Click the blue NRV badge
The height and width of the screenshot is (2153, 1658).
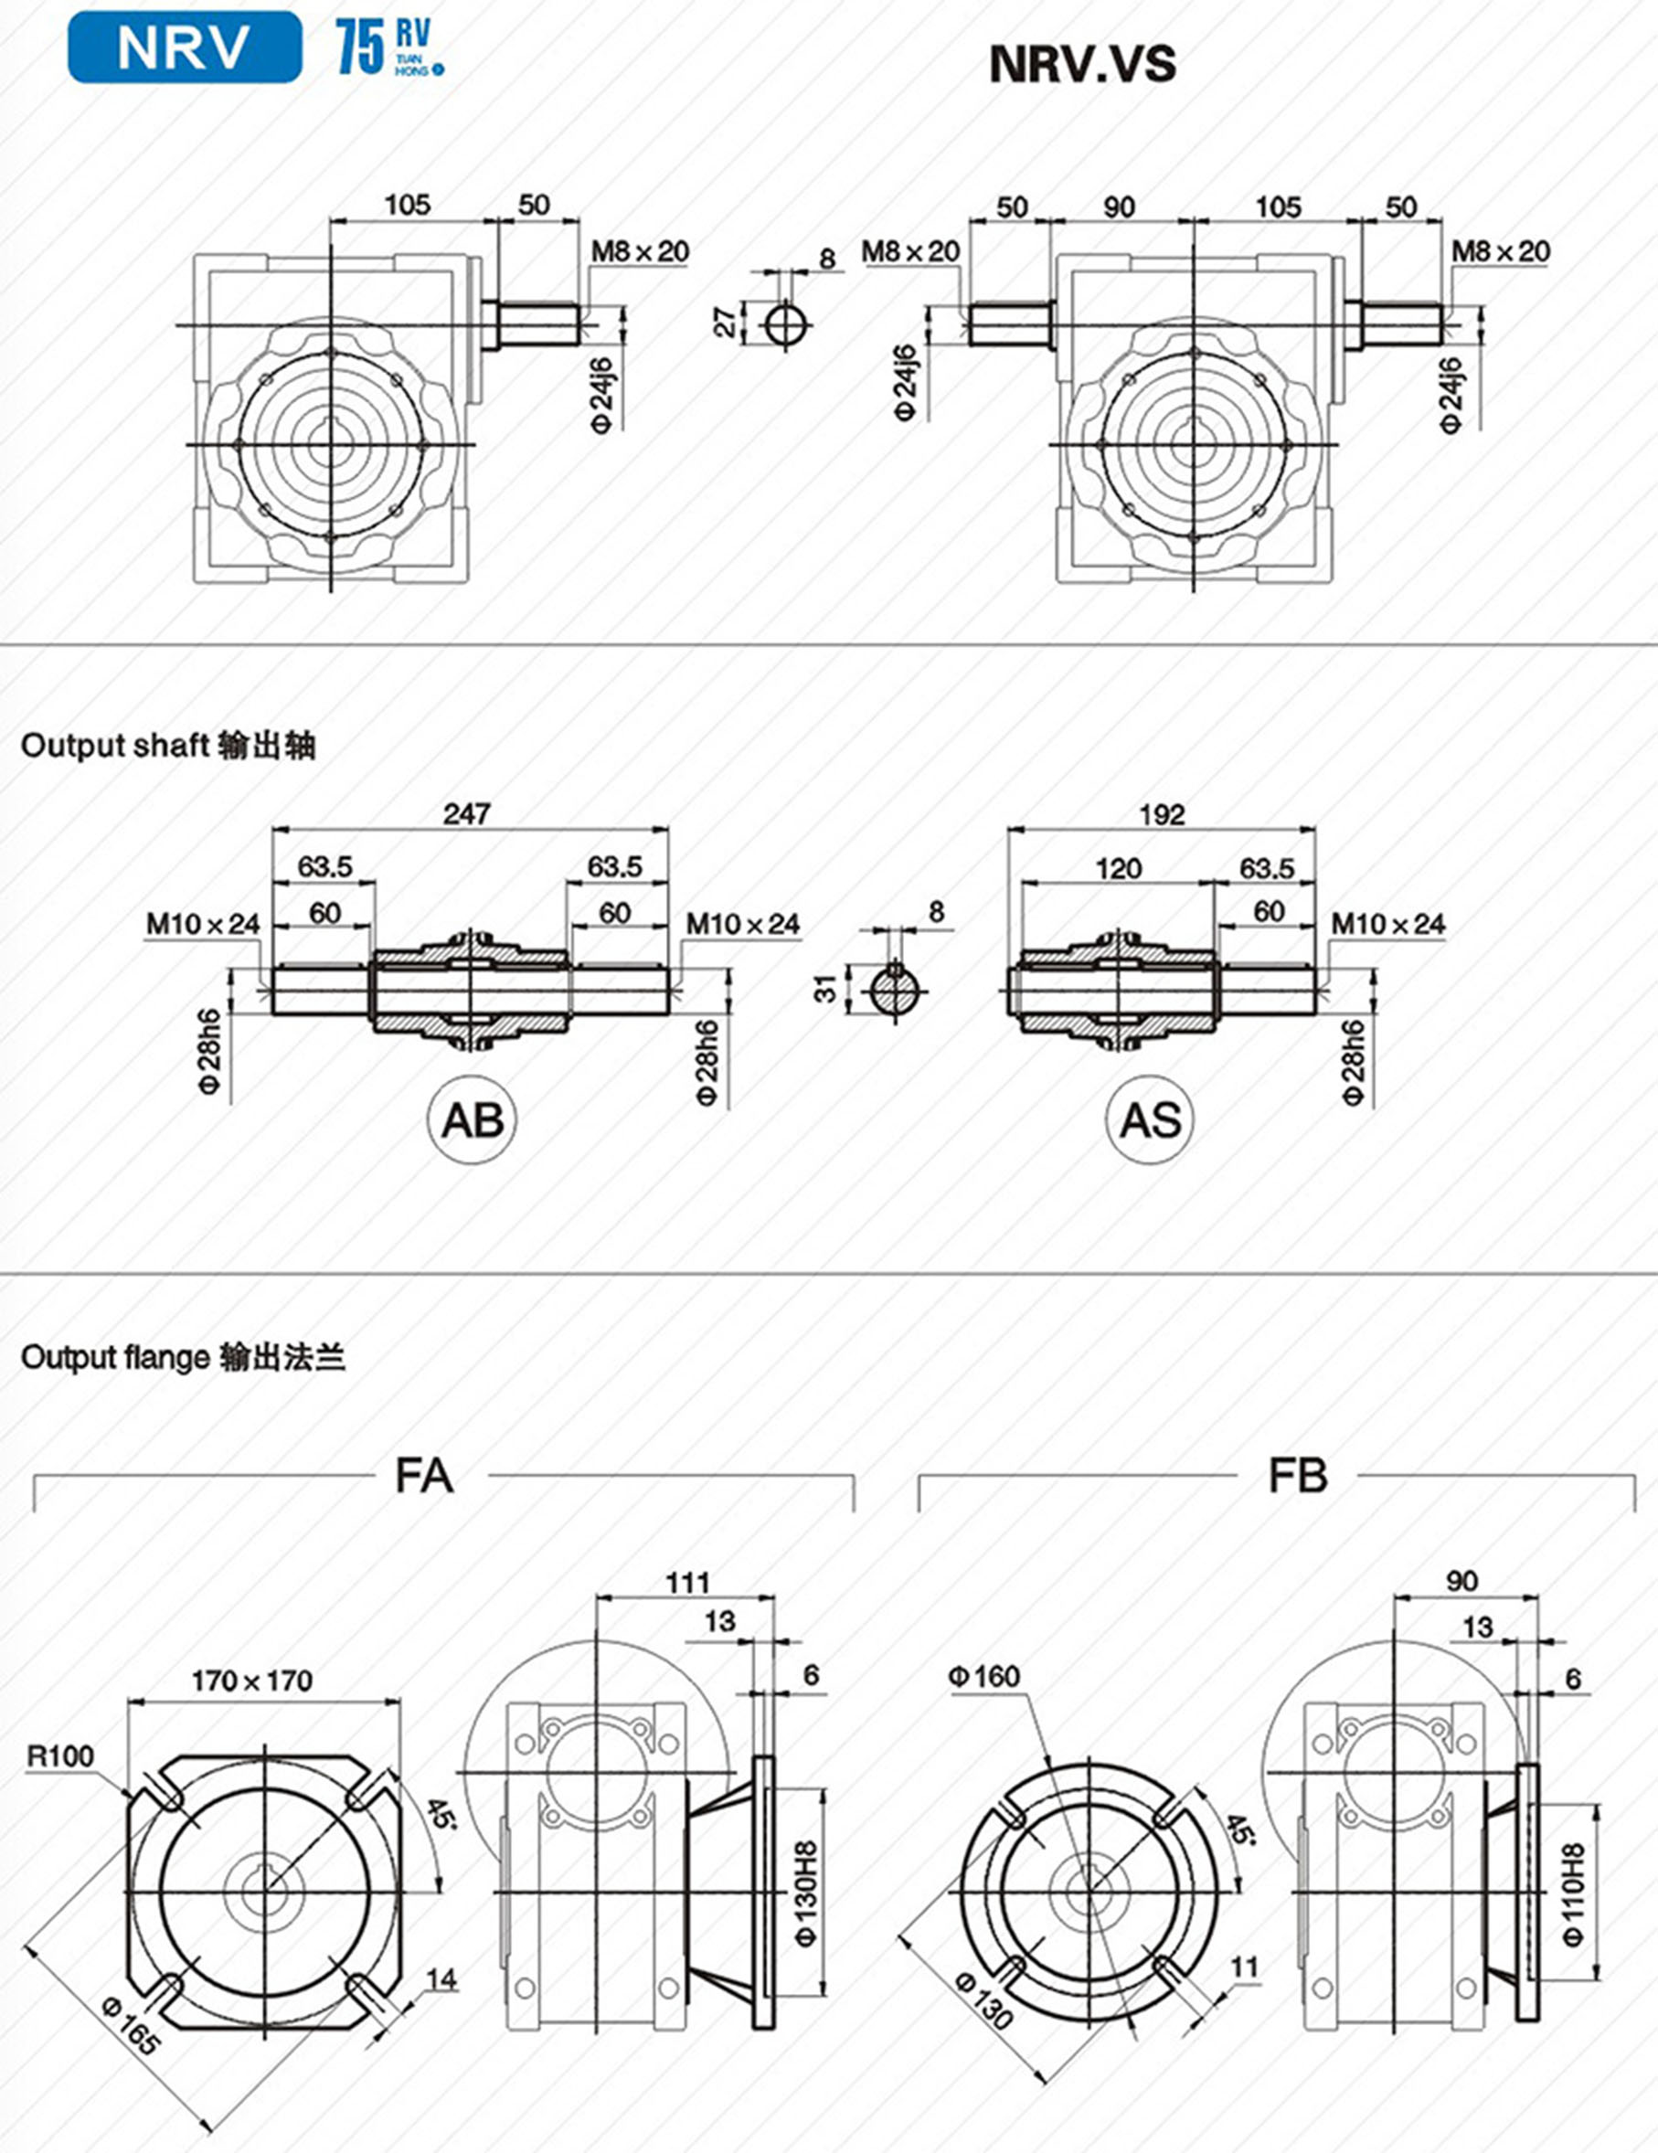pos(184,47)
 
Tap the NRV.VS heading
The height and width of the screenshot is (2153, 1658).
pos(1081,64)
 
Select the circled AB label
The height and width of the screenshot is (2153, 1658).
pos(473,1119)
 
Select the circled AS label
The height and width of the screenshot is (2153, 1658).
pos(1150,1119)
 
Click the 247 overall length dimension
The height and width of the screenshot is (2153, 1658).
pos(466,813)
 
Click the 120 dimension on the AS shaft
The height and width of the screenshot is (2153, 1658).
pos(1118,868)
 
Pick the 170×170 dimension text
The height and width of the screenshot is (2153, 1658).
pos(252,1680)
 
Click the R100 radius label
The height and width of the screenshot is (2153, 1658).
pos(61,1755)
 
